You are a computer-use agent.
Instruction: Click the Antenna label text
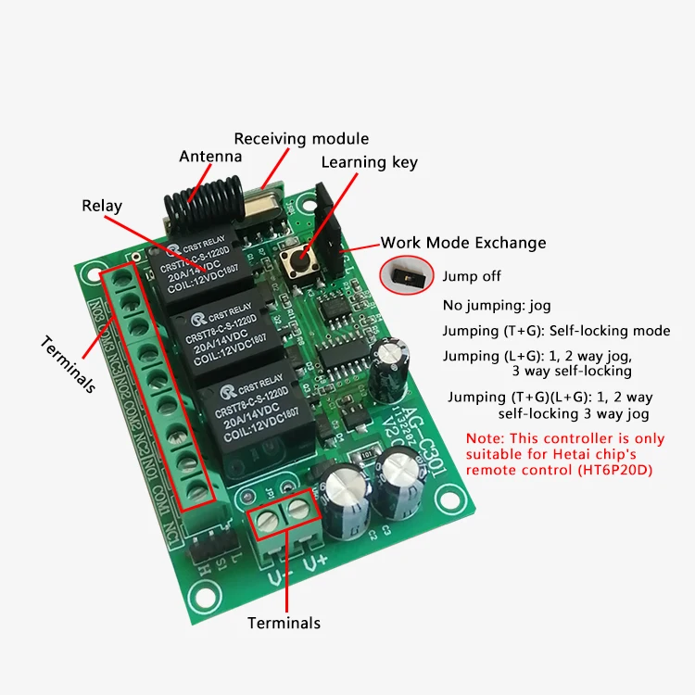pos(209,156)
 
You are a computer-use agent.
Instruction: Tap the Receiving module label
pos(301,139)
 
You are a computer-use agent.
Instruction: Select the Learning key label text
pos(369,162)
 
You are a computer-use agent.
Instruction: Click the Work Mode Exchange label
pos(463,243)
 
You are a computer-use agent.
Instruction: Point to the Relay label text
pos(101,206)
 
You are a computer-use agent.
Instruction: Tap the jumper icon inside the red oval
pos(404,275)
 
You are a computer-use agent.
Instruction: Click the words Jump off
pos(472,276)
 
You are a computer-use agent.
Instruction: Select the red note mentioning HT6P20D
pos(565,454)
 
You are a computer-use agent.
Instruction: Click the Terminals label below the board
pos(284,623)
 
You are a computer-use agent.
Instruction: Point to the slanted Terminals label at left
pos(69,364)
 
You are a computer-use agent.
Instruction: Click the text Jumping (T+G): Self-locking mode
pos(556,331)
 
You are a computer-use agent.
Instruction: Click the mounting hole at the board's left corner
pos(91,274)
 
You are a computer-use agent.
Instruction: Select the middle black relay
pos(223,334)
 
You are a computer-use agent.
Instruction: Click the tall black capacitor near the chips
pos(387,368)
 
